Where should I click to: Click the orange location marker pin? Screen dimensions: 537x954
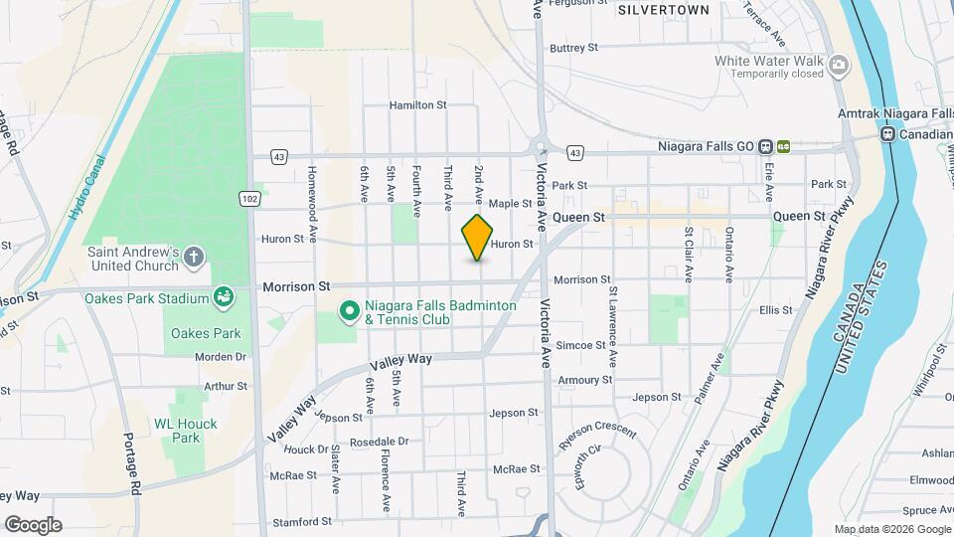pyautogui.click(x=478, y=237)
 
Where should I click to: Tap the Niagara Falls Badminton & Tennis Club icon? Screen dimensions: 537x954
pyautogui.click(x=349, y=312)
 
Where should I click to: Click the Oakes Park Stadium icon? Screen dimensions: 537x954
pyautogui.click(x=224, y=296)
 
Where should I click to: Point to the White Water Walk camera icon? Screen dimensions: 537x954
pyautogui.click(x=840, y=67)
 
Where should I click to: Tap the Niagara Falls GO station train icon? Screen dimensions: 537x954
pyautogui.click(x=765, y=146)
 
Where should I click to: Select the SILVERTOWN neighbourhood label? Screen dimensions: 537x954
pyautogui.click(x=663, y=10)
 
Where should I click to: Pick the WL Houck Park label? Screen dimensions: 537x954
pyautogui.click(x=177, y=431)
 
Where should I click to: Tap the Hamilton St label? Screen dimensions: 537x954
pyautogui.click(x=418, y=104)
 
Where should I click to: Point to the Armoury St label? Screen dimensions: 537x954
pyautogui.click(x=585, y=380)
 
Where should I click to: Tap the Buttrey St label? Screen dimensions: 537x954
pyautogui.click(x=574, y=47)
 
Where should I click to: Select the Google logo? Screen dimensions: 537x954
pyautogui.click(x=33, y=524)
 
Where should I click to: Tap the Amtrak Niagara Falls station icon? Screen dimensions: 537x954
pyautogui.click(x=887, y=134)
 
